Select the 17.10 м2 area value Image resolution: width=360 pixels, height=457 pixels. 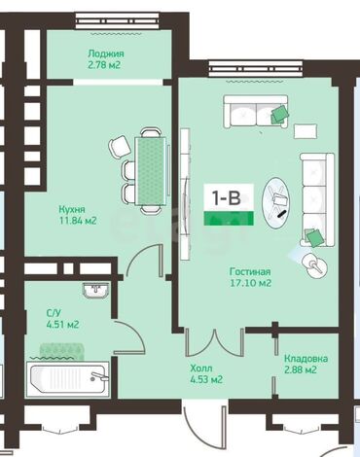[249, 284]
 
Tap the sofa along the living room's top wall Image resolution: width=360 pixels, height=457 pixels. [256, 110]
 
